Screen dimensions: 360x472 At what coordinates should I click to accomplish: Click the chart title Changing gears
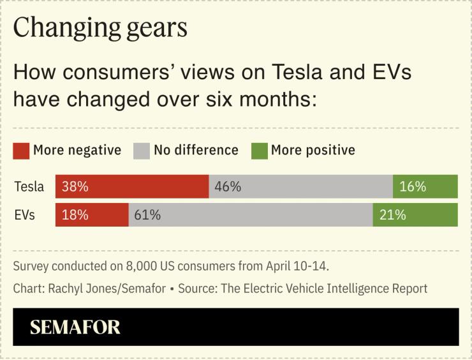100,27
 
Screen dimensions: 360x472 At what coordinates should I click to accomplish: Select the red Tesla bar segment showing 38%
132,186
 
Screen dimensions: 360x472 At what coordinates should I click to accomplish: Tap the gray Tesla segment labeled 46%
300,186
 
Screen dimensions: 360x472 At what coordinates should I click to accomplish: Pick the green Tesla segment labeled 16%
425,186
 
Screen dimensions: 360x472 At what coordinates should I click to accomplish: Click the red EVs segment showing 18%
92,215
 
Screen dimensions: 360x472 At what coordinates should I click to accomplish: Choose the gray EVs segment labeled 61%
251,215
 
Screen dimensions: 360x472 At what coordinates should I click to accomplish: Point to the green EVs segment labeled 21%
415,215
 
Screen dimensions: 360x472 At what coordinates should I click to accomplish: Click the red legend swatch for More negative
21,151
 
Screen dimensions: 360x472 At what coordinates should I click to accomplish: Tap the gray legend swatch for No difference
141,151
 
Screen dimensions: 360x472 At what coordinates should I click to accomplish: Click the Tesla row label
29,186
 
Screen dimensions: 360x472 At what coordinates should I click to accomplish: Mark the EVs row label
24,215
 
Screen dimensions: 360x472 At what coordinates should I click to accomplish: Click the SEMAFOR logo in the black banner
75,327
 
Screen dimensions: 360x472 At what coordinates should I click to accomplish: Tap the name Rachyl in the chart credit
66,289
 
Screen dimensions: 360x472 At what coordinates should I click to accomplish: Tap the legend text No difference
196,151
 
